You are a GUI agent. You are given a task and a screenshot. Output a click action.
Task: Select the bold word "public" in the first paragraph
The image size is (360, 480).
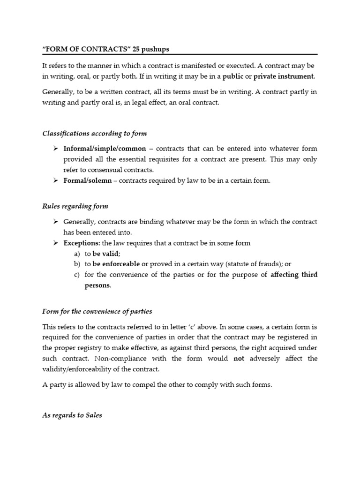pyautogui.click(x=232, y=76)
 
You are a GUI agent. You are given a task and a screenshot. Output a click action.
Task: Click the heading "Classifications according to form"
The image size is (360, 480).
pyautogui.click(x=94, y=134)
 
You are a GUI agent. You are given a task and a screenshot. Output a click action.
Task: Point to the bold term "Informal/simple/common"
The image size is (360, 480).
pyautogui.click(x=105, y=149)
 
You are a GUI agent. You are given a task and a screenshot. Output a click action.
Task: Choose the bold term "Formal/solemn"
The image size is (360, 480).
pyautogui.click(x=88, y=180)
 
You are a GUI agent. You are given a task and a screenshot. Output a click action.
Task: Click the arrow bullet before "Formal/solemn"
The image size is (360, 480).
pyautogui.click(x=55, y=180)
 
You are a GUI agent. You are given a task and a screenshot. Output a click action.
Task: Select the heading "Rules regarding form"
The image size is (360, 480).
pyautogui.click(x=75, y=206)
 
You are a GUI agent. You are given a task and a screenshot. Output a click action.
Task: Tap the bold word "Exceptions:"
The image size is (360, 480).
pyautogui.click(x=82, y=243)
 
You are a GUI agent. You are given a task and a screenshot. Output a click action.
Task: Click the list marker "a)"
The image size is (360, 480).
pyautogui.click(x=77, y=254)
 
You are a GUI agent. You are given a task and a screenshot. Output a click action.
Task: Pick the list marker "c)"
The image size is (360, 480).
pyautogui.click(x=77, y=274)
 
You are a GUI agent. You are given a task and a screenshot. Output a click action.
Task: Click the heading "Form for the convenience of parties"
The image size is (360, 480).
pyautogui.click(x=97, y=311)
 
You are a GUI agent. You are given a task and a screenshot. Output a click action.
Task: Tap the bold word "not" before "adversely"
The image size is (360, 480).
pyautogui.click(x=239, y=359)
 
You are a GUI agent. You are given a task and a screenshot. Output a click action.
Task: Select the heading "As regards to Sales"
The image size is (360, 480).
pyautogui.click(x=72, y=415)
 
